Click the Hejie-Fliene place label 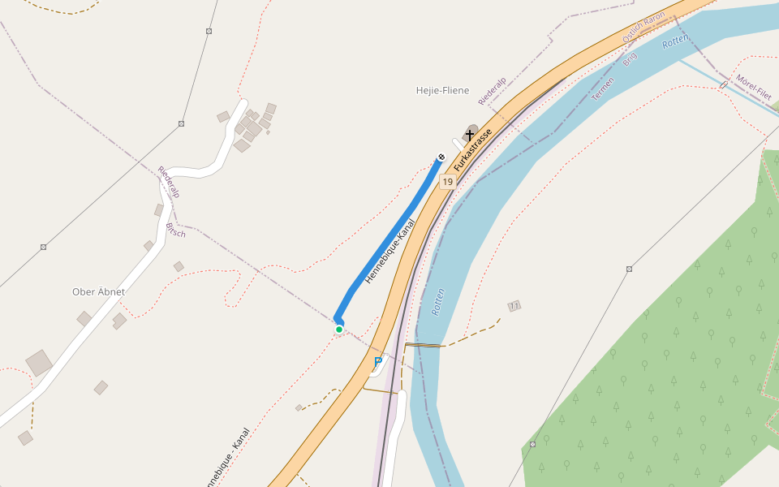pyautogui.click(x=442, y=90)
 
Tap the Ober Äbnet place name pyautogui.click(x=99, y=291)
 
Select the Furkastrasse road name pyautogui.click(x=473, y=150)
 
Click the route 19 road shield pyautogui.click(x=447, y=182)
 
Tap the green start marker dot pyautogui.click(x=339, y=330)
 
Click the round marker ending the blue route pyautogui.click(x=441, y=157)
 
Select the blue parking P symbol pyautogui.click(x=378, y=360)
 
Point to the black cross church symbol pyautogui.click(x=469, y=134)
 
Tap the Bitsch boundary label pyautogui.click(x=176, y=230)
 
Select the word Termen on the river pyautogui.click(x=603, y=88)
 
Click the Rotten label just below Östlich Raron pyautogui.click(x=675, y=41)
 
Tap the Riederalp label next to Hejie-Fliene pyautogui.click(x=493, y=90)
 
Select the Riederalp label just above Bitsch pyautogui.click(x=168, y=183)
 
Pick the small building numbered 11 pyautogui.click(x=514, y=306)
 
